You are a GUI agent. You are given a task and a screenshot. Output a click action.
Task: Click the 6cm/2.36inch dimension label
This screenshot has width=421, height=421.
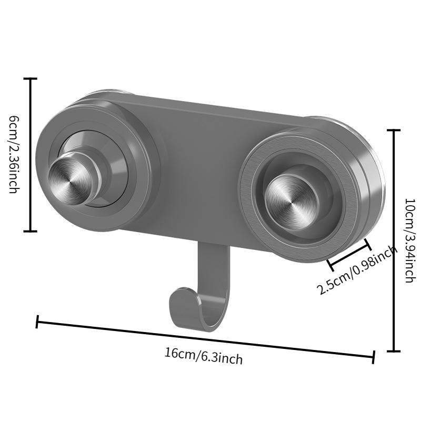point(14,155)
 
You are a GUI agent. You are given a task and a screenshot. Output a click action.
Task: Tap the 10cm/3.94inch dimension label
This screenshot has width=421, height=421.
point(408,240)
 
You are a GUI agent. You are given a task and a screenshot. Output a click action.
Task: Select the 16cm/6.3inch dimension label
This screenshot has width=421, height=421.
point(203,356)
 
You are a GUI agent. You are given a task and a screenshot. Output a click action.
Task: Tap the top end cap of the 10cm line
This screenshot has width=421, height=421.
point(394,130)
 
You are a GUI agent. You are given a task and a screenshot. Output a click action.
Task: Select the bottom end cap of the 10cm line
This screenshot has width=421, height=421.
point(394,350)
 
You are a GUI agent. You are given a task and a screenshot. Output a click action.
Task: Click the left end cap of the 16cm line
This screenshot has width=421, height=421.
point(37,322)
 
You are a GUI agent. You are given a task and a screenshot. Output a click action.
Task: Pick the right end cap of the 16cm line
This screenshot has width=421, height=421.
point(374,357)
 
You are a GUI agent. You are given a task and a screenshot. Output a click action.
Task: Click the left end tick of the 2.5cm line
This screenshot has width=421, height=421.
point(329,262)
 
